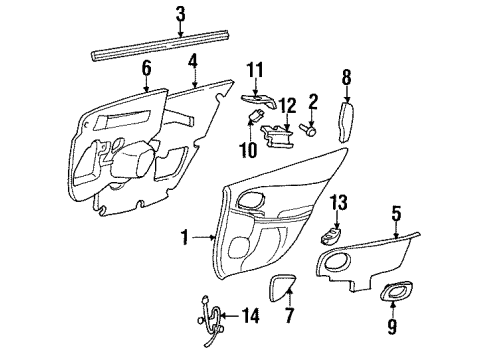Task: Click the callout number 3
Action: tap(180, 13)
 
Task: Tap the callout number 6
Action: tap(146, 68)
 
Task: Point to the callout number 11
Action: tap(254, 69)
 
